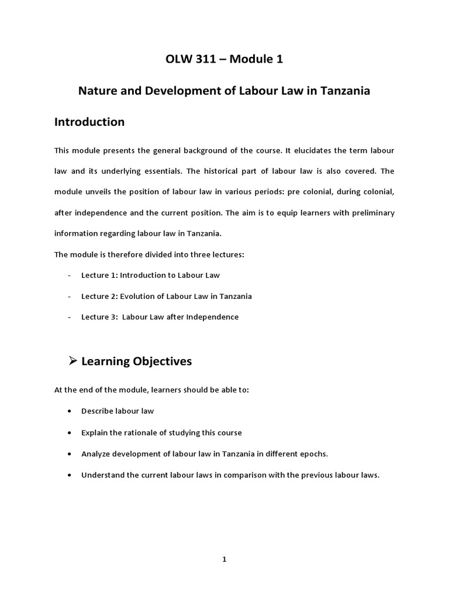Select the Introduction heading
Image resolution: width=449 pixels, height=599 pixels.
tap(89, 122)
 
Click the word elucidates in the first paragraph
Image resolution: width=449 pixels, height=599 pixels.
tap(309, 150)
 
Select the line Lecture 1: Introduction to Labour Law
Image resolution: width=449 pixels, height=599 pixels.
tap(150, 275)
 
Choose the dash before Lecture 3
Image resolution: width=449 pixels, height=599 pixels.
tap(70, 317)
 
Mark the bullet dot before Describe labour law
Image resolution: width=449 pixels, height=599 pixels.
tap(70, 411)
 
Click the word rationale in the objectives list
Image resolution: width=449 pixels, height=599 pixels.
tap(132, 432)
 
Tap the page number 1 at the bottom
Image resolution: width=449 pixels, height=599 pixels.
tap(224, 559)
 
